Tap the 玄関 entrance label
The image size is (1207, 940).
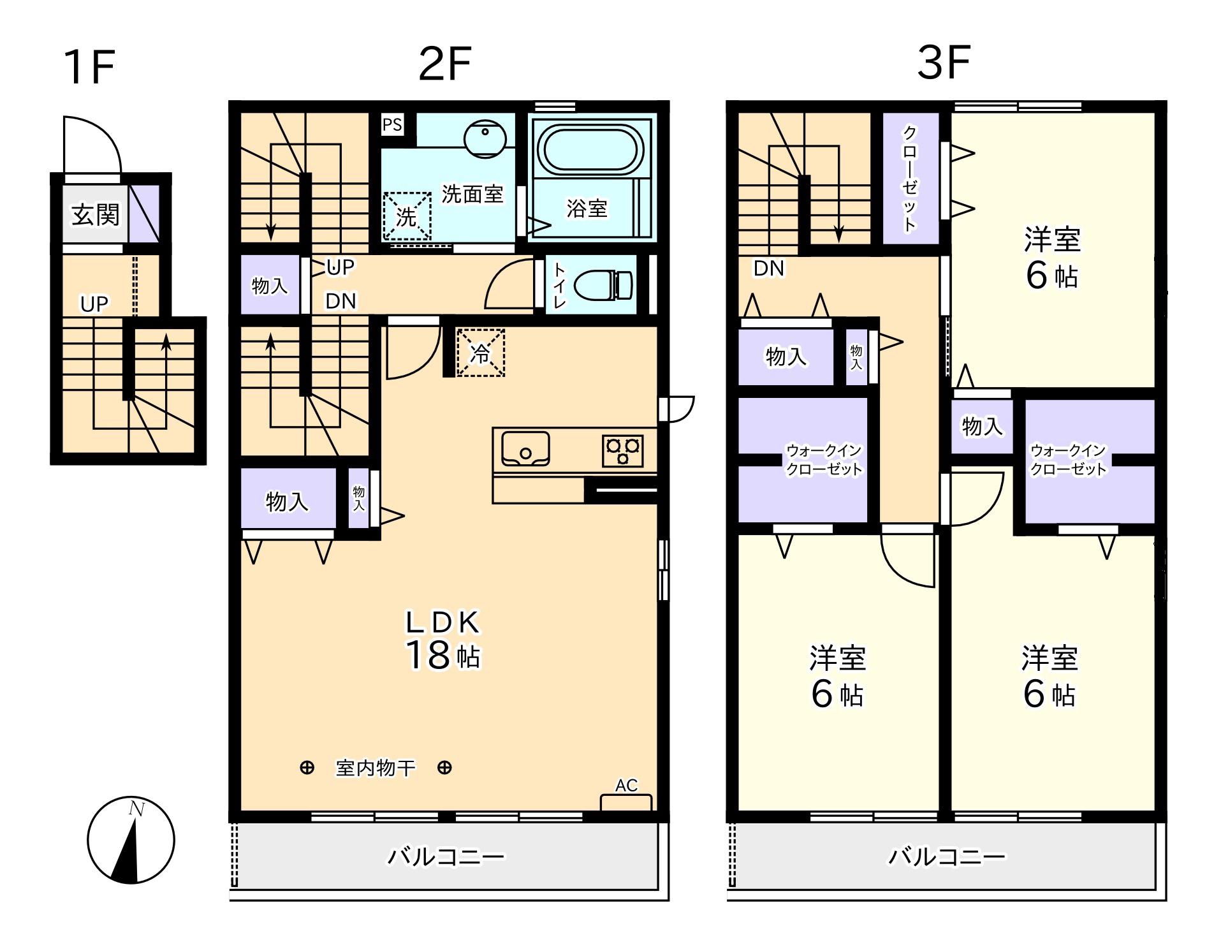pyautogui.click(x=96, y=214)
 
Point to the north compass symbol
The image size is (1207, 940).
pyautogui.click(x=131, y=840)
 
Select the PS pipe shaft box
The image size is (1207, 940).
pyautogui.click(x=392, y=124)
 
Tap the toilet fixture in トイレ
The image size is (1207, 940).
pyautogui.click(x=603, y=284)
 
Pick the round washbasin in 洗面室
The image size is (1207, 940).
pyautogui.click(x=485, y=138)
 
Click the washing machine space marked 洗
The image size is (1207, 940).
pyautogui.click(x=407, y=216)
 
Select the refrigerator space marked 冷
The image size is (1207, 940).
pyautogui.click(x=481, y=353)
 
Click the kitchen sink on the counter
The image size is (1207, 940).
pyautogui.click(x=525, y=448)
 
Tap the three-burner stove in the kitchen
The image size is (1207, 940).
pyautogui.click(x=622, y=450)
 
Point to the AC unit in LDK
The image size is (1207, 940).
pyautogui.click(x=626, y=802)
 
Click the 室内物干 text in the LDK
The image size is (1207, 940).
pyautogui.click(x=376, y=768)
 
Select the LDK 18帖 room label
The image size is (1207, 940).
pyautogui.click(x=444, y=639)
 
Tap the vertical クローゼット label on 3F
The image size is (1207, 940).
pyautogui.click(x=910, y=178)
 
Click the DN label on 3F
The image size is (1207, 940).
pyautogui.click(x=769, y=268)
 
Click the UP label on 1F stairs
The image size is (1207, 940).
pyautogui.click(x=94, y=304)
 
